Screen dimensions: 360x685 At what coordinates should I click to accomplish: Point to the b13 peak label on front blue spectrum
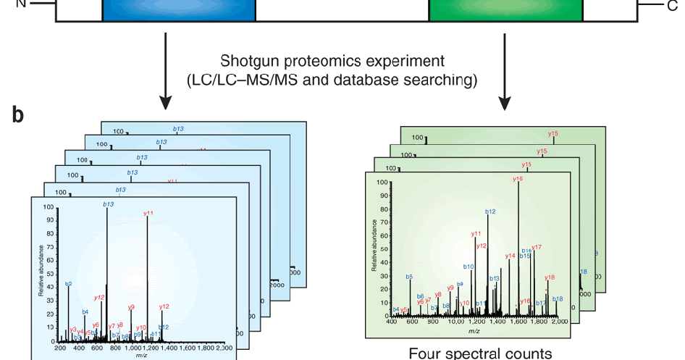(109, 204)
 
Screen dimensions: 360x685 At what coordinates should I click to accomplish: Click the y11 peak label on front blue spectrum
(148, 213)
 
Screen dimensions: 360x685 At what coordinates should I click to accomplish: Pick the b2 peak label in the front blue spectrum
(69, 284)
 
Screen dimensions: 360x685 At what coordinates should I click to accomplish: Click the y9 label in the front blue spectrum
(131, 307)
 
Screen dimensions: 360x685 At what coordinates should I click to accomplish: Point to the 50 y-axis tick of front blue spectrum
(49, 274)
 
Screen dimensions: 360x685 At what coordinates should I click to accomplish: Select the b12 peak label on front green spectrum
(490, 212)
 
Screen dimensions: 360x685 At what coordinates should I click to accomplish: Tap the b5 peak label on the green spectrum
(409, 277)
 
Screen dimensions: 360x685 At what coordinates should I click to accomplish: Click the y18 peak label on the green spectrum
(549, 277)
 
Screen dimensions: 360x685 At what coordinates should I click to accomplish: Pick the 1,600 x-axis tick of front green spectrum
(518, 322)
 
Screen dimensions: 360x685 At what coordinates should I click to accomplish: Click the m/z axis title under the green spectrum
(474, 331)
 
